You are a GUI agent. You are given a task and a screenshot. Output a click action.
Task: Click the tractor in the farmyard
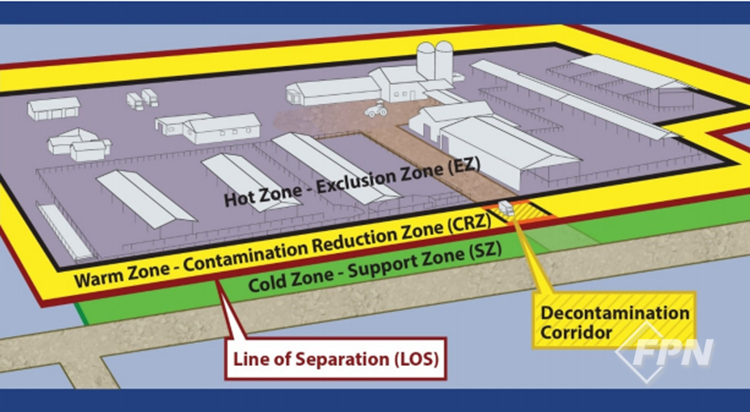pos(377,111)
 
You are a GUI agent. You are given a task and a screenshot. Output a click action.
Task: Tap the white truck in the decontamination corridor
pos(507,208)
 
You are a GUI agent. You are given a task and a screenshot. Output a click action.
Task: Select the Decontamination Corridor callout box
pos(612,319)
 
